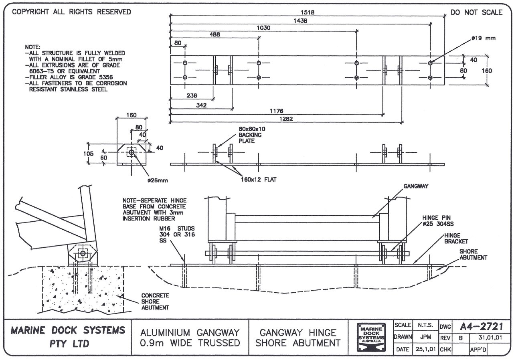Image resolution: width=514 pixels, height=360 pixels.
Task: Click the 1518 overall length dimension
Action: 308,12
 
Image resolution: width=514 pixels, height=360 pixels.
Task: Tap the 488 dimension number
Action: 215,35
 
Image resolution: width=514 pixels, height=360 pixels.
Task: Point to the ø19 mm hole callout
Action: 484,38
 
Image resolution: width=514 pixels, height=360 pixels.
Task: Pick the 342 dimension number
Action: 201,105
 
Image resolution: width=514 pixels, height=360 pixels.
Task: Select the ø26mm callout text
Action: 158,180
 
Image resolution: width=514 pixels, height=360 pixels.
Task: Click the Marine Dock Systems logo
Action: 371,337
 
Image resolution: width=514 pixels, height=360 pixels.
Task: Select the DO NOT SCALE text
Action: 476,12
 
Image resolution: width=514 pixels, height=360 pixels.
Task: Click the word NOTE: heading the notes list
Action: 32,47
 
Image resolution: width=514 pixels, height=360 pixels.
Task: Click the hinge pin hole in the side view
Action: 83,253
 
